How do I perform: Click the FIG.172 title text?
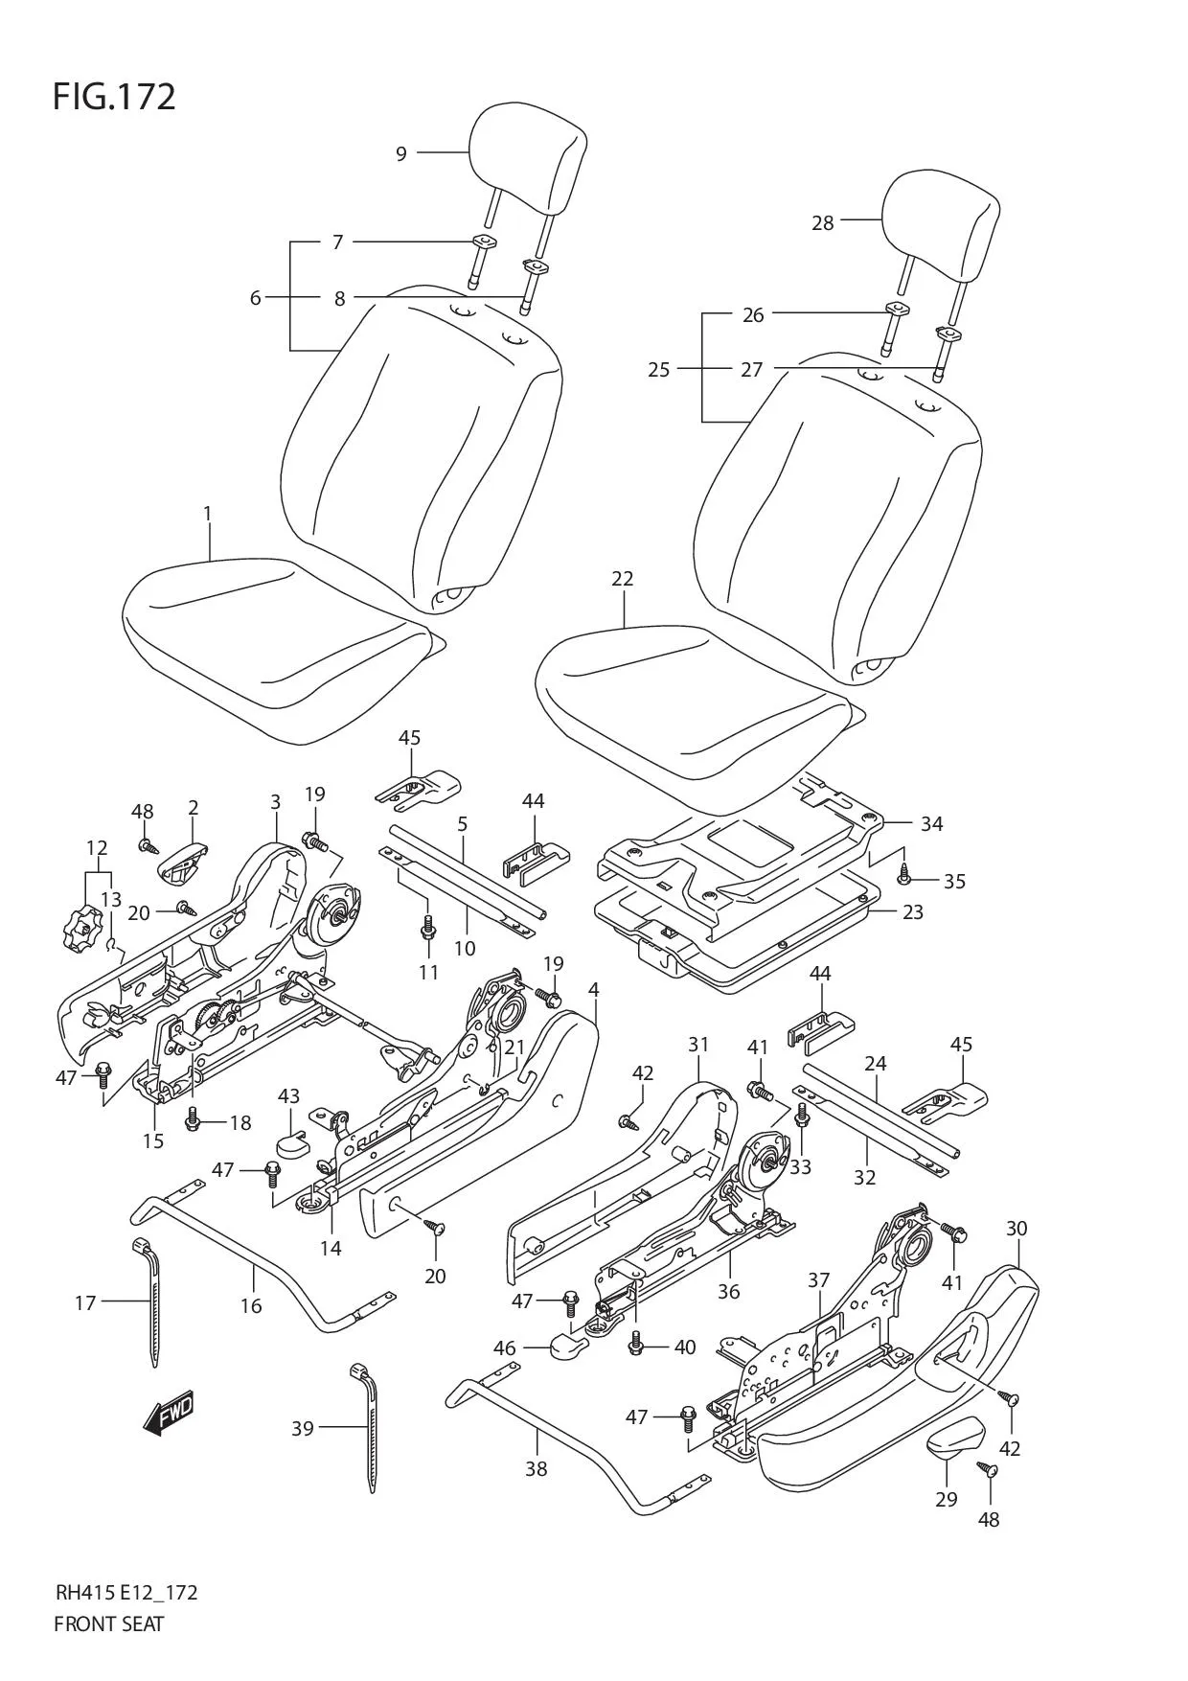(114, 98)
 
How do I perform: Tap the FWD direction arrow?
(169, 1413)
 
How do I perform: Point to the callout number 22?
(623, 579)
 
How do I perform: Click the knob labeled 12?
(80, 928)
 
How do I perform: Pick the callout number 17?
(85, 1302)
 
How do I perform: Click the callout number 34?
(931, 823)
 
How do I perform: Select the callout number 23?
(913, 911)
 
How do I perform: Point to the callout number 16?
(251, 1305)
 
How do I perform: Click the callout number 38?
(536, 1467)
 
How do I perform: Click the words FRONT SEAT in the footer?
(109, 1623)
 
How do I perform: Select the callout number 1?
(208, 514)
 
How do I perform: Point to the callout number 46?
(505, 1348)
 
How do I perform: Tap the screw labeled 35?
(903, 873)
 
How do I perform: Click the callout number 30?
(1017, 1228)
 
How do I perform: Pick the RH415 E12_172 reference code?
(126, 1593)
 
